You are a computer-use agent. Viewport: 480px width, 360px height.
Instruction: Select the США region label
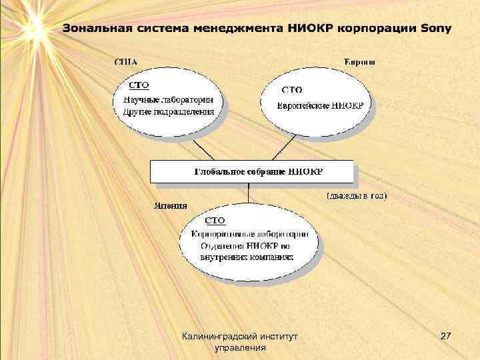pos(126,62)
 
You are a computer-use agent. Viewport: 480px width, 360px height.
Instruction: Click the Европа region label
pos(359,62)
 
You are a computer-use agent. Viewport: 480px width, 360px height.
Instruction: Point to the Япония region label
pos(171,205)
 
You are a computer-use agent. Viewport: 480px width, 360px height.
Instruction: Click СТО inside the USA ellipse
pos(138,85)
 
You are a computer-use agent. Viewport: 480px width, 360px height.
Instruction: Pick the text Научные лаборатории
pos(168,99)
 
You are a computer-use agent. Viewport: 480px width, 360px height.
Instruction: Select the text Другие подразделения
pos(168,111)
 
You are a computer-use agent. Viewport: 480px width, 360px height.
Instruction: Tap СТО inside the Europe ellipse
pos(292,89)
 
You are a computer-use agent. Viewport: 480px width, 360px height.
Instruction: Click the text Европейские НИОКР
pos(321,105)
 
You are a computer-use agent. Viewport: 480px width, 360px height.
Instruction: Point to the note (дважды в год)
pos(356,196)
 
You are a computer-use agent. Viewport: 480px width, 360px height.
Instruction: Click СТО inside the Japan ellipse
pos(215,220)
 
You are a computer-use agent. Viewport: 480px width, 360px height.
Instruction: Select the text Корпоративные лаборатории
pos(249,234)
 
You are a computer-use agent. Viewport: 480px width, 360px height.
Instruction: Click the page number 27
pos(446,339)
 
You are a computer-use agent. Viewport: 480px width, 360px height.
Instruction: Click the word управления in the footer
pos(241,348)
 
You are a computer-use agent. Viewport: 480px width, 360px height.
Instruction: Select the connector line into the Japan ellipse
pos(249,195)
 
